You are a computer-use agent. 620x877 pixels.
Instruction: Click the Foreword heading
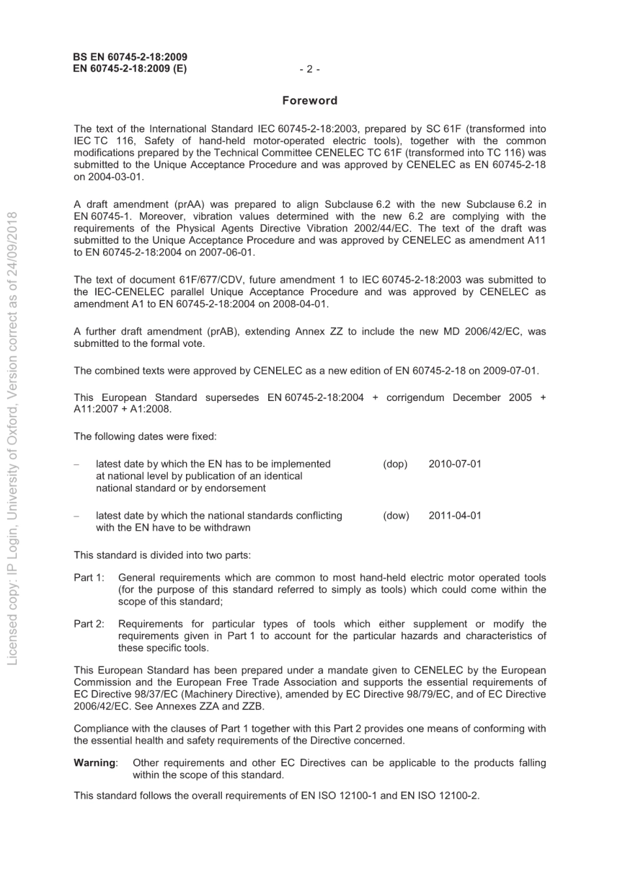[309, 100]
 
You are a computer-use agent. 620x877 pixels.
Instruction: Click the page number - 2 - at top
[309, 69]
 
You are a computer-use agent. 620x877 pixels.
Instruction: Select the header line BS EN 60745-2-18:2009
[131, 57]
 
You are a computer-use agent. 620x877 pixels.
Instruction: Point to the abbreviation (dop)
[395, 464]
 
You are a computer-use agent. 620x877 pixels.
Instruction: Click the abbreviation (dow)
[395, 515]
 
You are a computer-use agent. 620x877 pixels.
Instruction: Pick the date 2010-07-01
[455, 464]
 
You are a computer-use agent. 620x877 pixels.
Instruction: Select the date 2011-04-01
[455, 515]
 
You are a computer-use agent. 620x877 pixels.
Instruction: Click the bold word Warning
[95, 762]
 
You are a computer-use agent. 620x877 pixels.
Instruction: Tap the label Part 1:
[89, 577]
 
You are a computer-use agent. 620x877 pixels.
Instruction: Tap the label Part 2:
[89, 623]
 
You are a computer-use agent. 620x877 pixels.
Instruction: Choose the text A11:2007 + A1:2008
[123, 409]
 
